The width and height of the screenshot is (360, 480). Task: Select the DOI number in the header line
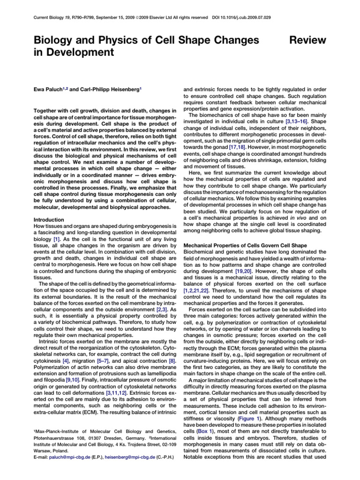pyautogui.click(x=249, y=17)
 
